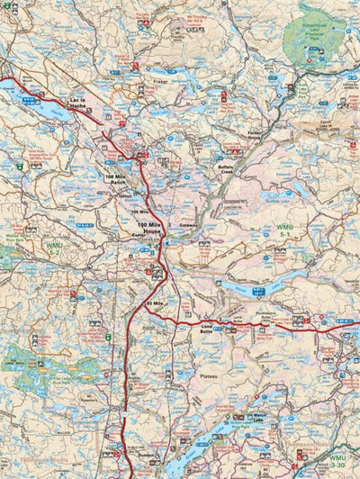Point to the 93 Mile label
[x=155, y=303]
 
